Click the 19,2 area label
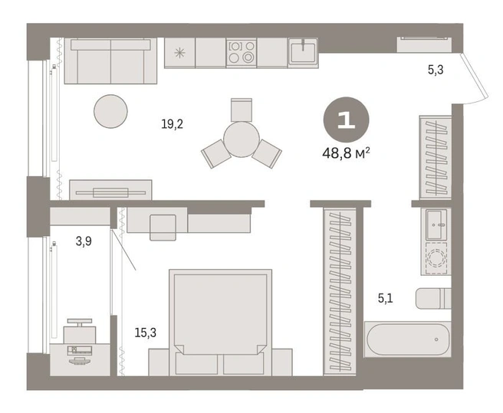[173, 124]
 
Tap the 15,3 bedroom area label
[146, 333]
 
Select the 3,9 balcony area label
[84, 241]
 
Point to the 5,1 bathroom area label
[385, 299]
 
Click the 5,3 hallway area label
[436, 69]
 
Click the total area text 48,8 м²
[346, 153]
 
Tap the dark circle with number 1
[346, 120]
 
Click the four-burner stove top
[242, 53]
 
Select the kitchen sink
[303, 53]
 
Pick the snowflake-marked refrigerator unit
[179, 53]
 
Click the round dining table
[242, 139]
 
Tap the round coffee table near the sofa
[110, 111]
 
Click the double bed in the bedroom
[220, 323]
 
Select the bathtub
[408, 339]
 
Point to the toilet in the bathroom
[433, 298]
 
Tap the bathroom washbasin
[436, 225]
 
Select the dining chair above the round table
[242, 110]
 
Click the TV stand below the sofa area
[110, 190]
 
